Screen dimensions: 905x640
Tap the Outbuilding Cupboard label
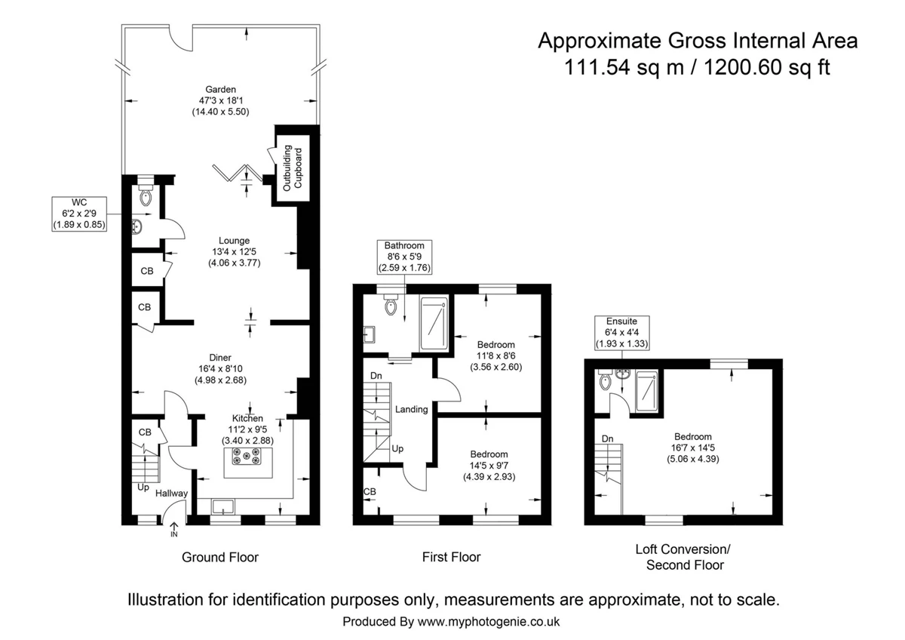pos(293,168)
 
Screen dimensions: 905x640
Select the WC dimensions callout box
pos(79,214)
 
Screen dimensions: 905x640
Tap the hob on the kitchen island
pos(246,457)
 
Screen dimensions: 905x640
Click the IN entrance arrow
pos(174,529)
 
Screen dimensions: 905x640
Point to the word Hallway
pos(172,494)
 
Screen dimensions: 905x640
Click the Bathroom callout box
pos(404,257)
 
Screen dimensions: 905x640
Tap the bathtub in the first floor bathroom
pos(434,324)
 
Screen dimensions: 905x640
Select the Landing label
pos(411,409)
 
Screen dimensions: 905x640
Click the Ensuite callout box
pos(621,333)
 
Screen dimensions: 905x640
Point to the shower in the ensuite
pos(647,392)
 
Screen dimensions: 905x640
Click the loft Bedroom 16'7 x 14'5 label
pos(693,448)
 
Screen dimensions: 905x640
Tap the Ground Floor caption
pos(219,557)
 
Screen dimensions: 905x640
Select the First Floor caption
pos(451,557)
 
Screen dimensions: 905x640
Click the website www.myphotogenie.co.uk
pos(489,621)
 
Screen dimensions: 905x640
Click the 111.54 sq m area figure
pos(624,67)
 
